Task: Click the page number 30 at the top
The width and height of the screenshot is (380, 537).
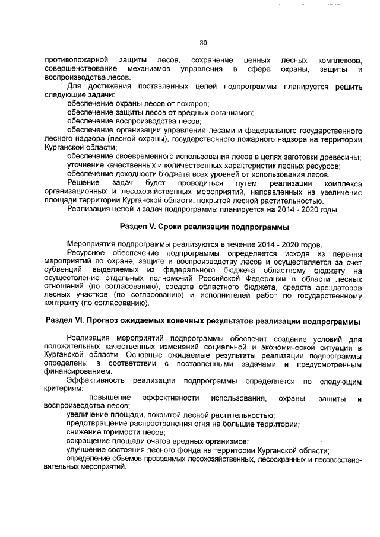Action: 202,42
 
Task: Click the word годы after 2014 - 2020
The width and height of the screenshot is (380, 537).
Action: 328,209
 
